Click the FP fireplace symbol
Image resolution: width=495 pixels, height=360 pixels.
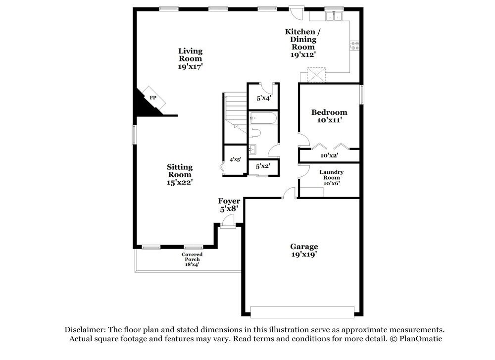pos(152,98)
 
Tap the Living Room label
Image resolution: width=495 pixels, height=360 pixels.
pos(190,58)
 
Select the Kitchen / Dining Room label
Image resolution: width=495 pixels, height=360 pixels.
pos(303,43)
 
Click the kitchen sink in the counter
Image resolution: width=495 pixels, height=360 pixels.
pos(333,16)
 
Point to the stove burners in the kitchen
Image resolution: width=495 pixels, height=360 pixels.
pos(355,46)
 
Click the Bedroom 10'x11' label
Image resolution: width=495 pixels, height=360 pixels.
pos(329,116)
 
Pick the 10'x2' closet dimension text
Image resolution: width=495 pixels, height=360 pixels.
pos(329,155)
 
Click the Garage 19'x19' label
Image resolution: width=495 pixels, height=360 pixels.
pos(304,250)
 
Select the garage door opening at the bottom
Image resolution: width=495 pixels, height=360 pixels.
pos(302,311)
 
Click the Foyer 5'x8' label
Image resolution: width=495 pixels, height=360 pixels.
pos(229,205)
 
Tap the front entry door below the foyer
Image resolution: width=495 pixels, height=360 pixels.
pos(228,222)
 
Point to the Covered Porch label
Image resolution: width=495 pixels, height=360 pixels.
pos(192,259)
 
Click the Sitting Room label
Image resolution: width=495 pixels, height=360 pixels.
pos(179,174)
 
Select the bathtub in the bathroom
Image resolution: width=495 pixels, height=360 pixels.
pos(263,118)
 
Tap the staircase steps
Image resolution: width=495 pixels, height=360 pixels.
pos(235,106)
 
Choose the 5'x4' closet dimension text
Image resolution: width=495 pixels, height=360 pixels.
pos(263,98)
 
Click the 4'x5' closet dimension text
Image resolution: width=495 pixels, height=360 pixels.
pos(235,159)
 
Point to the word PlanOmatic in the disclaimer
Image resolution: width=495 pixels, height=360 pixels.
pos(418,339)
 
